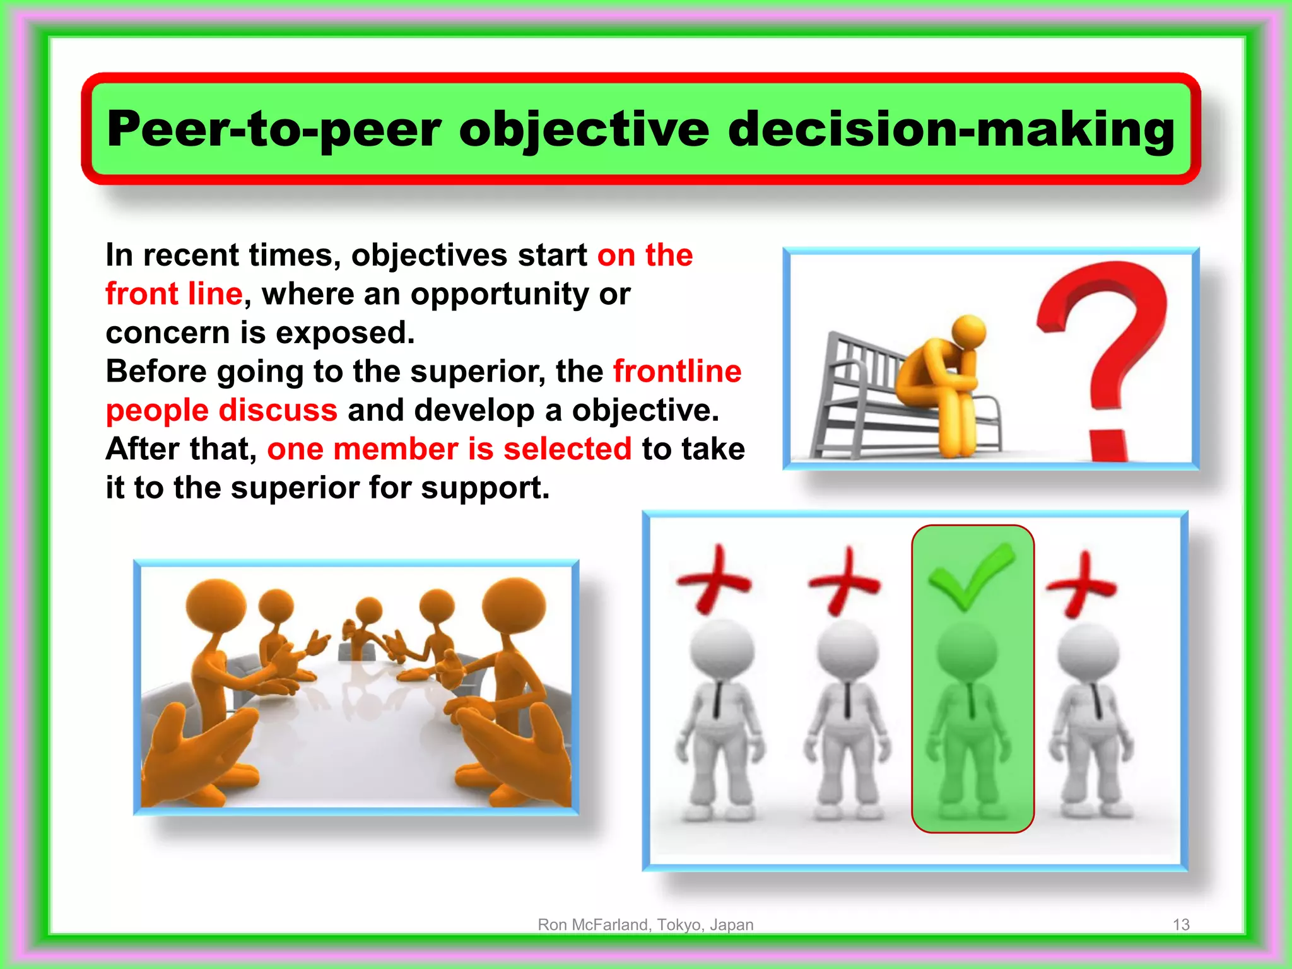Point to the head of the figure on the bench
click(x=968, y=331)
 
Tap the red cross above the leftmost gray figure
click(x=714, y=579)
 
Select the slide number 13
click(x=1181, y=925)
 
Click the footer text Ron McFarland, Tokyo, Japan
click(x=645, y=925)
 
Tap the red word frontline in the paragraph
click(x=677, y=371)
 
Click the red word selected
click(x=567, y=449)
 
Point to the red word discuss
click(x=278, y=410)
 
